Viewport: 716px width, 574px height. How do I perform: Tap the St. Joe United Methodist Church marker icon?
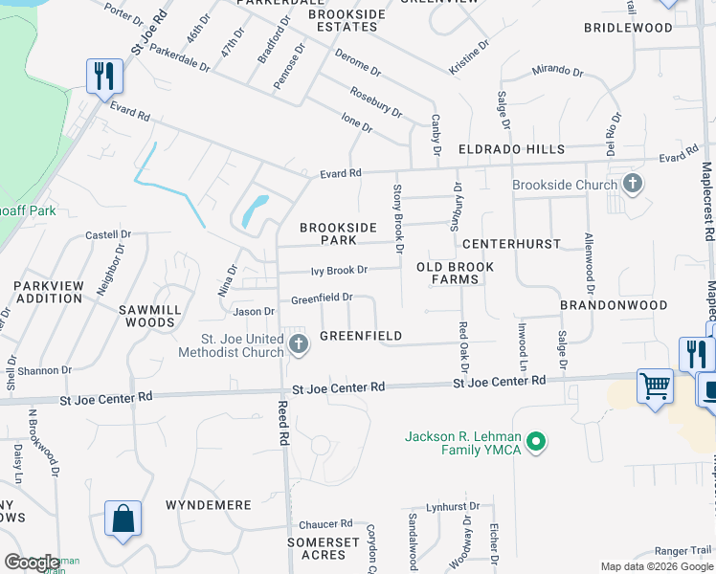coord(298,344)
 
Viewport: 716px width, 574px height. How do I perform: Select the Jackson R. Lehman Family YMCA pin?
coord(537,441)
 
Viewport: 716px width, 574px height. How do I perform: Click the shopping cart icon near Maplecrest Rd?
coord(656,386)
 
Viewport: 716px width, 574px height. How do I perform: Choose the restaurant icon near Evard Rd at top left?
coord(104,76)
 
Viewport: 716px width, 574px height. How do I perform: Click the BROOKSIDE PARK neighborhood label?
coord(334,234)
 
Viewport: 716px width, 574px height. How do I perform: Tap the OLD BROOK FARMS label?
coord(455,273)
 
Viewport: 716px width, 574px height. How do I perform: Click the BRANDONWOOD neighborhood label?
coord(614,305)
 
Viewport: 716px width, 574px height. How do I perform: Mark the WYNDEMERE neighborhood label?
coord(208,504)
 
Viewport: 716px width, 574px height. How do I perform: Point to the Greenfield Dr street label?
coord(322,298)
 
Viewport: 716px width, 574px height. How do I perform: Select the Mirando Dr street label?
coord(556,71)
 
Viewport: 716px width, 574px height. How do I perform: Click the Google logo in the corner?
coord(31,563)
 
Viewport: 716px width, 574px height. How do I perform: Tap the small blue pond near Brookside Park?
coord(254,210)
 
